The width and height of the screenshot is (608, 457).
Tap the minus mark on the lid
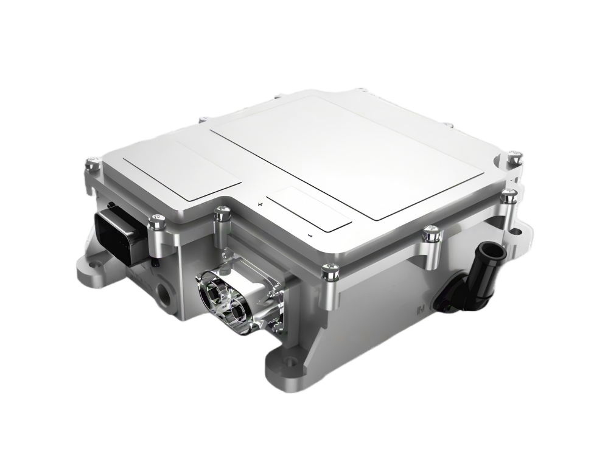pyautogui.click(x=310, y=234)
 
